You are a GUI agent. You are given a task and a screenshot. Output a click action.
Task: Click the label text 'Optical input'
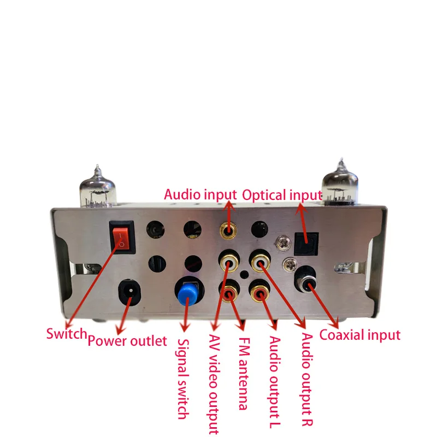click(282, 194)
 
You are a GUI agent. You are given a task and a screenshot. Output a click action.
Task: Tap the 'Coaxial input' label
click(359, 334)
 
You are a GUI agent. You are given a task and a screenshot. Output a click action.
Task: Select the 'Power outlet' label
click(127, 341)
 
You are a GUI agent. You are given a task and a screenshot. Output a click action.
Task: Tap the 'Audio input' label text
click(200, 194)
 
